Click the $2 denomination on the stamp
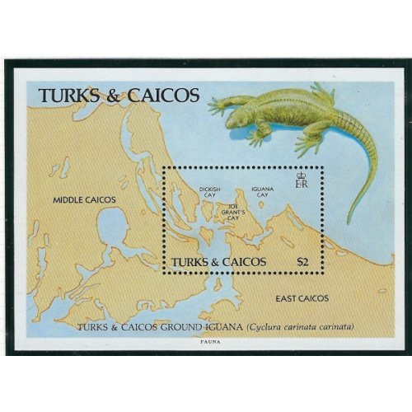[x=303, y=261]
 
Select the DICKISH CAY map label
[x=208, y=192]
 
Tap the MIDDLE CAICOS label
[x=85, y=199]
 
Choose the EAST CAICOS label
[x=302, y=298]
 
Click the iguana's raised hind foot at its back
[x=322, y=93]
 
